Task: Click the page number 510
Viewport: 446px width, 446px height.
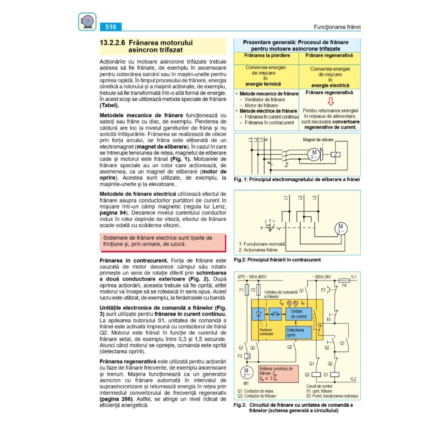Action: click(x=111, y=27)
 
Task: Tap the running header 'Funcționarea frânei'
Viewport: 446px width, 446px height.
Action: click(x=337, y=27)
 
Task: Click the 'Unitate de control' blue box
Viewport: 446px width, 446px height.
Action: click(x=299, y=313)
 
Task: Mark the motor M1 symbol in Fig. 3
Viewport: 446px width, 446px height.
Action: click(x=246, y=372)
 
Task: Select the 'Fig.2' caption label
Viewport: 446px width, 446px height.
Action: click(x=240, y=260)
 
